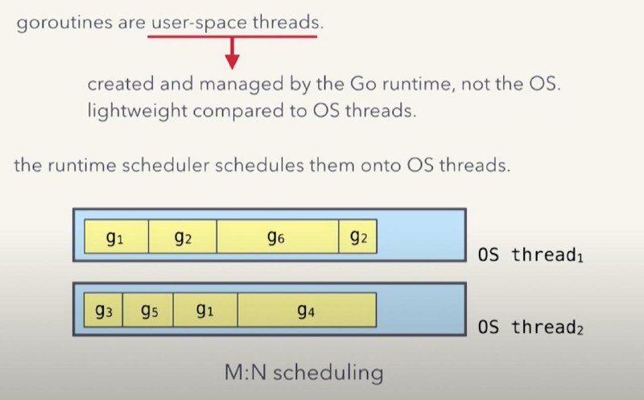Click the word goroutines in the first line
coord(64,23)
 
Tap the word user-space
coord(199,23)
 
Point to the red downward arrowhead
coord(232,63)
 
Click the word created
coord(120,84)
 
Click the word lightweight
coord(137,111)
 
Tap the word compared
coord(238,111)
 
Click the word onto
coord(381,166)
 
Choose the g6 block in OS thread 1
coord(277,237)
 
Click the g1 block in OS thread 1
coord(116,237)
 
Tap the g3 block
coord(103,310)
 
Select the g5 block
coord(148,310)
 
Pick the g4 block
coord(307,310)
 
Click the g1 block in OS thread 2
coord(205,310)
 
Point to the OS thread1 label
coord(530,254)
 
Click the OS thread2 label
coord(530,328)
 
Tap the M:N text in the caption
coord(246,373)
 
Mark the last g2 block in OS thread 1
coord(357,237)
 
